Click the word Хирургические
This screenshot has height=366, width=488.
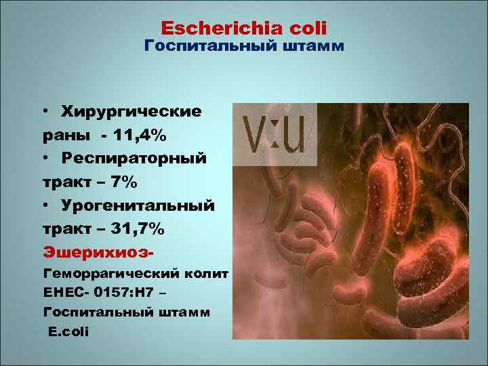pyautogui.click(x=131, y=110)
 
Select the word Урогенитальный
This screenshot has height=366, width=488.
pyautogui.click(x=138, y=205)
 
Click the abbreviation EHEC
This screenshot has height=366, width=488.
pyautogui.click(x=62, y=293)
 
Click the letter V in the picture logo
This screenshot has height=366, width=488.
pyautogui.click(x=256, y=135)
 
